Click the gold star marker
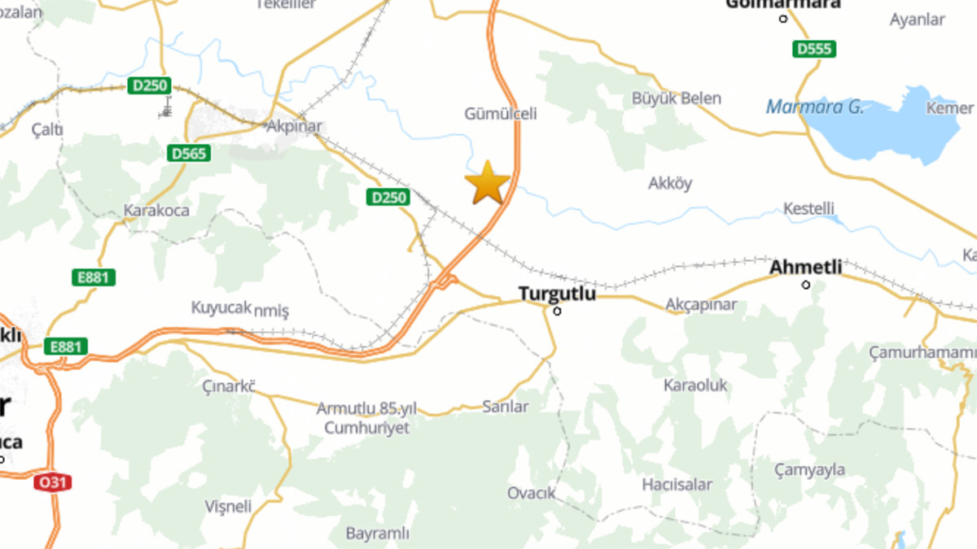[x=487, y=182]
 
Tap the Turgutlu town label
[x=558, y=294]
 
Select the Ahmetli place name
[x=806, y=267]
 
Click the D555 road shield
[x=814, y=50]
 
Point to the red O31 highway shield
[x=53, y=482]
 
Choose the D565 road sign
[x=189, y=153]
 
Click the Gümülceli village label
[x=501, y=114]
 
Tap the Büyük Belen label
[x=677, y=98]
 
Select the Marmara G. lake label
[x=814, y=107]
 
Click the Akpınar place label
[x=294, y=126]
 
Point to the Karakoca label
[x=156, y=211]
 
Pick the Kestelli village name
[x=808, y=209]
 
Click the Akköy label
[x=670, y=183]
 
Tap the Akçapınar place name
[x=700, y=305]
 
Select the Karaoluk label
[x=695, y=385]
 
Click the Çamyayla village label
[x=809, y=470]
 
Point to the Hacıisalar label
[x=677, y=485]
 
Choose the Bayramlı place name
[x=377, y=534]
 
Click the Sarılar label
[x=505, y=407]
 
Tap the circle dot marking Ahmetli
[x=806, y=285]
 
